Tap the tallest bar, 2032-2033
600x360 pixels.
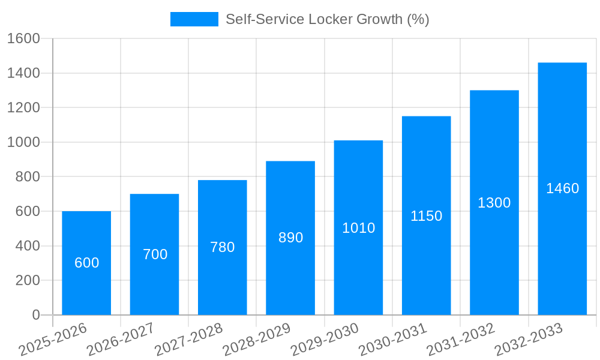click(x=562, y=240)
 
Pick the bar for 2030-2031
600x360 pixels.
click(x=427, y=264)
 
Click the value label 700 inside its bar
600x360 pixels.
click(x=155, y=254)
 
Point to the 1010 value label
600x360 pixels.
click(x=358, y=228)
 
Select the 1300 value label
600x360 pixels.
click(x=494, y=203)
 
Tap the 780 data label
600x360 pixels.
click(x=223, y=247)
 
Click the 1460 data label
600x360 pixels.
click(x=562, y=188)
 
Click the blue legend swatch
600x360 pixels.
click(x=194, y=19)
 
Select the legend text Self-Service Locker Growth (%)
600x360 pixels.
click(x=327, y=19)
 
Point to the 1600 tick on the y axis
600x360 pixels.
click(x=23, y=39)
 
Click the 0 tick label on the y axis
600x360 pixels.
click(x=35, y=315)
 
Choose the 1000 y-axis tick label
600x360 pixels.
click(x=23, y=143)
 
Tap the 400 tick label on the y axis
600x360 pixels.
click(x=28, y=246)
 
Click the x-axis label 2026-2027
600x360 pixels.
click(x=121, y=340)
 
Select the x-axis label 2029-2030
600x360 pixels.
click(x=325, y=340)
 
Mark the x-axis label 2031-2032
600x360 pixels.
click(x=460, y=340)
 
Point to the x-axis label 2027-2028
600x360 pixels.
click(x=188, y=340)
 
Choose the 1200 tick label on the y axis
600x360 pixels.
click(x=23, y=108)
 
